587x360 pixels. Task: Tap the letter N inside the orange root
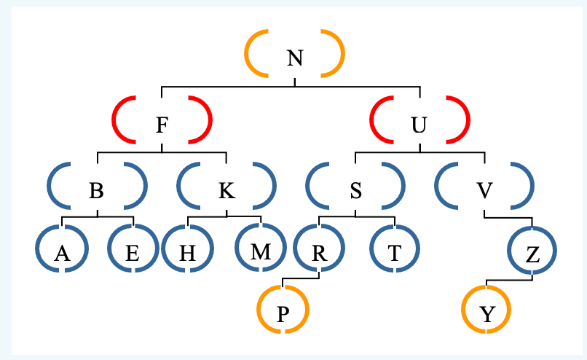pyautogui.click(x=294, y=55)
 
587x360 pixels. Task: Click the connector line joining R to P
pyautogui.click(x=301, y=278)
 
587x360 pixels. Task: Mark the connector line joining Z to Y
pyautogui.click(x=509, y=280)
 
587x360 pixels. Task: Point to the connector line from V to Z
pyautogui.click(x=508, y=217)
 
